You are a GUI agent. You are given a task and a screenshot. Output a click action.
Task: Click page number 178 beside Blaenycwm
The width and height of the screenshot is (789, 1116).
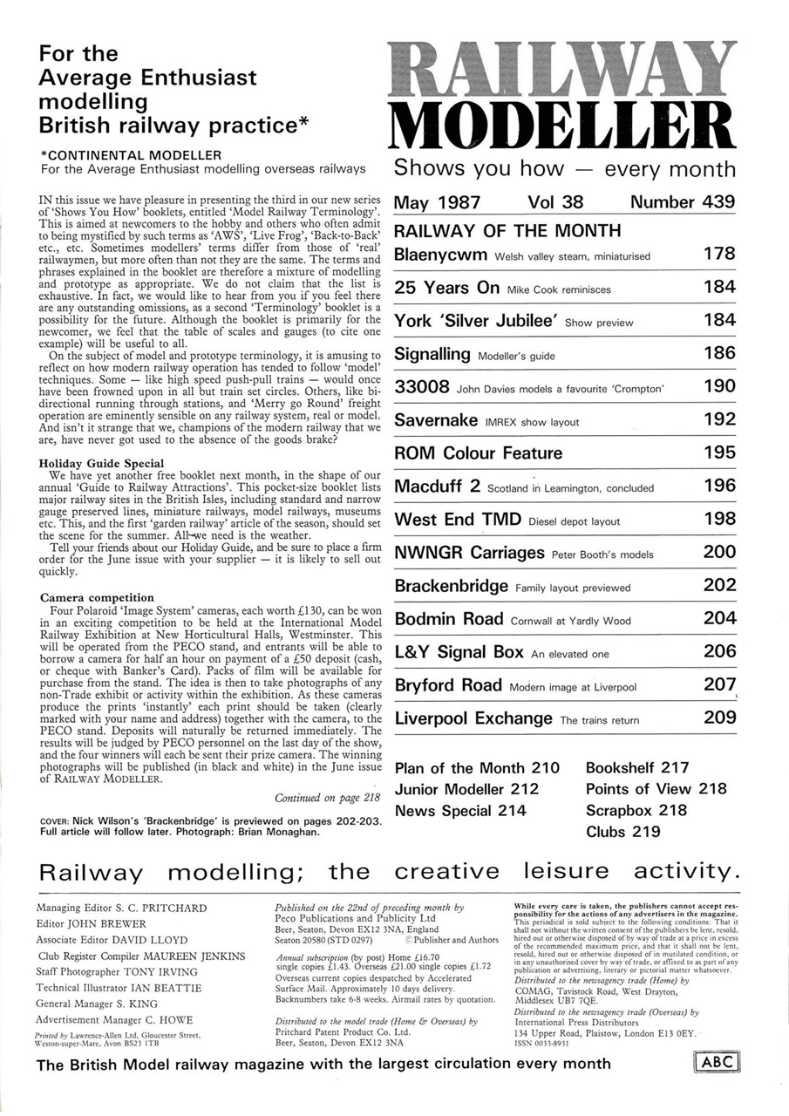click(718, 255)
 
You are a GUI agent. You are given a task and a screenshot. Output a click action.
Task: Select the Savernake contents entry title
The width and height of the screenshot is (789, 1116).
click(436, 420)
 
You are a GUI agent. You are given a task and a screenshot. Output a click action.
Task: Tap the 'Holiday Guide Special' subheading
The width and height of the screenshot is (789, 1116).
click(102, 462)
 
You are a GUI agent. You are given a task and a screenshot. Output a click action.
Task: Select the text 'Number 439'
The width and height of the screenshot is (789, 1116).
click(682, 202)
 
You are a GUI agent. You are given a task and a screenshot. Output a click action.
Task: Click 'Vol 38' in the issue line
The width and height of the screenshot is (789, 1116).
click(554, 202)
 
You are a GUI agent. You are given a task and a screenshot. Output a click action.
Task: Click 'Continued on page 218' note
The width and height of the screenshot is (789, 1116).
click(327, 797)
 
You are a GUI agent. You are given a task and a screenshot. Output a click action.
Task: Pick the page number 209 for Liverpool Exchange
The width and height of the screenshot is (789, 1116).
click(718, 718)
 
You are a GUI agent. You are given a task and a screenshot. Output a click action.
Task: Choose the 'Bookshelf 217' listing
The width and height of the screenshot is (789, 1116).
click(636, 768)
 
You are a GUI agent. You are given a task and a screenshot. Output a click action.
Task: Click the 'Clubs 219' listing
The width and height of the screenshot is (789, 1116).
click(622, 832)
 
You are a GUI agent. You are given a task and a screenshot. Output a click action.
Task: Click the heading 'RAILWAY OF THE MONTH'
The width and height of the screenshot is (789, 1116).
click(507, 231)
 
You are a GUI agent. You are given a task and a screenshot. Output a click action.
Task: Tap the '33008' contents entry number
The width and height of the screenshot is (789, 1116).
click(422, 387)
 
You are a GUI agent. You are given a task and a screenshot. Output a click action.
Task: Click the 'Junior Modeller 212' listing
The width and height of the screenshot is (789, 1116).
click(466, 789)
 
